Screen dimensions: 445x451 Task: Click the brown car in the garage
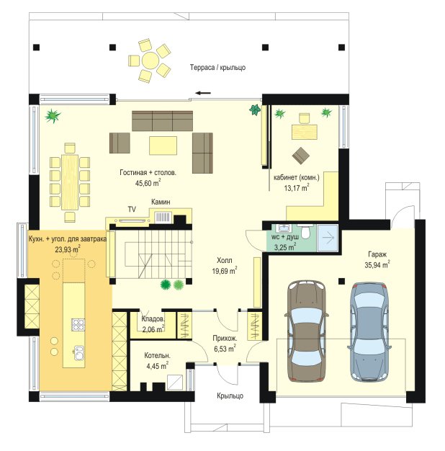tap(307, 331)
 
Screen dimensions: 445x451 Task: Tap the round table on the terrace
tap(150, 61)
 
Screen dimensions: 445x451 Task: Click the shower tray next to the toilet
tap(327, 238)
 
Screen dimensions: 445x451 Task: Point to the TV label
tap(132, 210)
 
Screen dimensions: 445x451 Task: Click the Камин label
tap(161, 202)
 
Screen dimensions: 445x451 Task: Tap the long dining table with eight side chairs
tap(70, 182)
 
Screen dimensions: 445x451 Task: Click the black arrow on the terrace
tap(203, 93)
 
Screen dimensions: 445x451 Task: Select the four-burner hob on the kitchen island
tap(78, 324)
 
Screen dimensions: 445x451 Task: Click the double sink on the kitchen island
tap(79, 352)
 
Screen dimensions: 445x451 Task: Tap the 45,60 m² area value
tap(148, 183)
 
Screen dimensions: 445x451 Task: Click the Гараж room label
tap(377, 254)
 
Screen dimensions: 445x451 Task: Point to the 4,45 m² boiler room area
tap(157, 366)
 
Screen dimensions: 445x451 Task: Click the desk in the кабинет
tap(305, 132)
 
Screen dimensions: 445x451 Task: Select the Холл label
tap(225, 261)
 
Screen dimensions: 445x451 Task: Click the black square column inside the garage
tap(341, 281)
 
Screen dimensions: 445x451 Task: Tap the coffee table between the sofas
tap(163, 146)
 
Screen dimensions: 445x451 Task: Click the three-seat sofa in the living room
tap(163, 121)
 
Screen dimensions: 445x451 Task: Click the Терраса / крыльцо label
tap(217, 68)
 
